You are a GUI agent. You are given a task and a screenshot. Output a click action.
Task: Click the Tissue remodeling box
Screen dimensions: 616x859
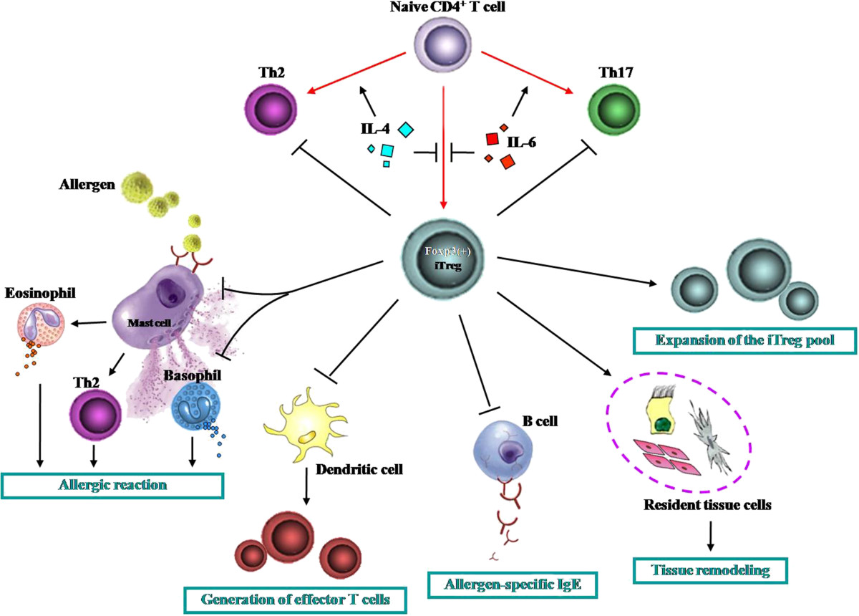click(x=710, y=570)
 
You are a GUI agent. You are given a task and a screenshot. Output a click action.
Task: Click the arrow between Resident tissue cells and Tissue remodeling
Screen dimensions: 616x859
click(x=710, y=536)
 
